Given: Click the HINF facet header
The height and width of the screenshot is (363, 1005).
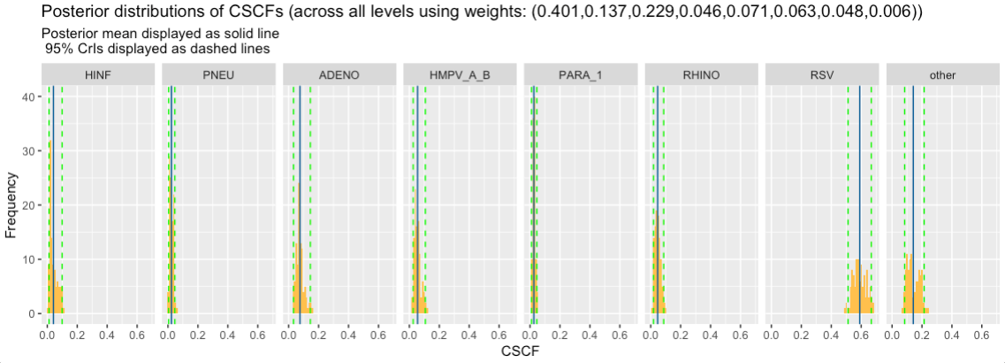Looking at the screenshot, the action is coord(98,75).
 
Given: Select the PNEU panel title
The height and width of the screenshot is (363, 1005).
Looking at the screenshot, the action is coord(218,75).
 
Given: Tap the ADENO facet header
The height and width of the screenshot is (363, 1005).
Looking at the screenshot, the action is coord(339,75).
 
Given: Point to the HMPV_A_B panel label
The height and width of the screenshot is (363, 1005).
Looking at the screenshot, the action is coord(460,75).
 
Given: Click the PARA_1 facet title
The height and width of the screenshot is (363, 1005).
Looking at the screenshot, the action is coord(580,75).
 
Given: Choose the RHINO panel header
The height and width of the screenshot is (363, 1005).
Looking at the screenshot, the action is coord(701,75).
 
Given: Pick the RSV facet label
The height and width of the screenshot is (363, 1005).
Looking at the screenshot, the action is coord(821,75).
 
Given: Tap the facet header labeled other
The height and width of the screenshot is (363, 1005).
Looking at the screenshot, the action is coord(942,75).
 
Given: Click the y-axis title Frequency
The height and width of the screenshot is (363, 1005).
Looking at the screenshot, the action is coord(11,205).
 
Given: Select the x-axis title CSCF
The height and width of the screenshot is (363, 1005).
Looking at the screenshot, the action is coord(520,351).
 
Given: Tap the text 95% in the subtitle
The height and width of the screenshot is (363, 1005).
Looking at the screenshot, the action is coord(57,48).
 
